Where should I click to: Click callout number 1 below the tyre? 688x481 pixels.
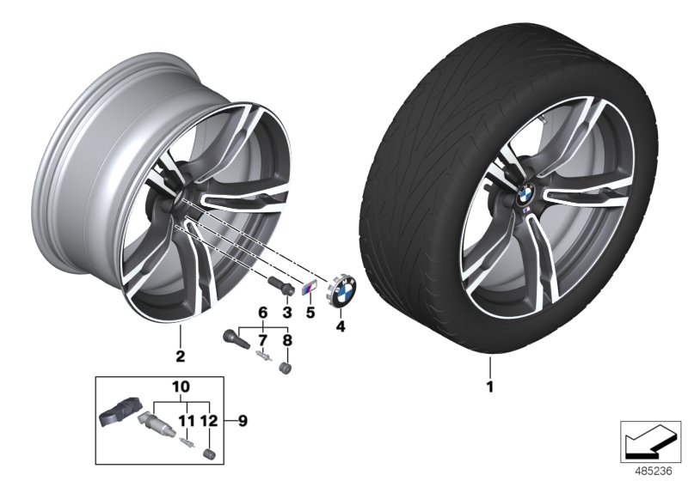tap(490, 386)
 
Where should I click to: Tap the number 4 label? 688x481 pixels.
tap(341, 327)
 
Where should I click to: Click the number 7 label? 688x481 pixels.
tap(263, 341)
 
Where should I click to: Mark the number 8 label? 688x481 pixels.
tap(287, 341)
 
